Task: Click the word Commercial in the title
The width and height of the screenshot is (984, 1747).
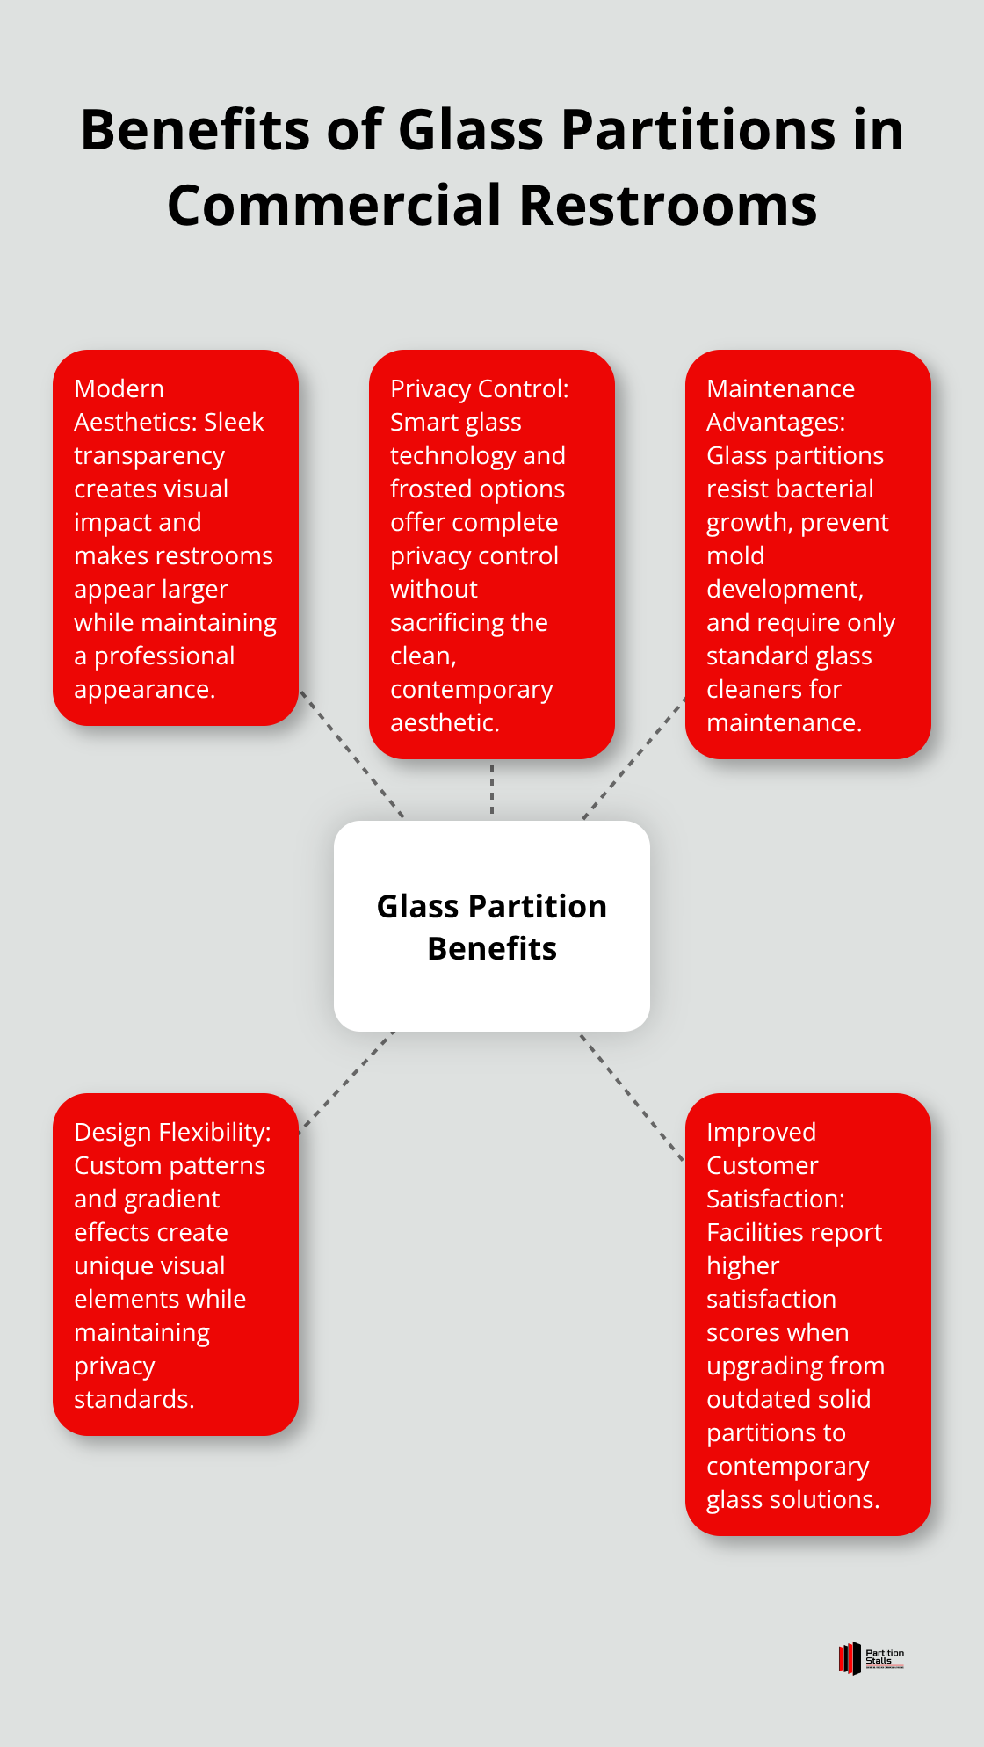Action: (335, 206)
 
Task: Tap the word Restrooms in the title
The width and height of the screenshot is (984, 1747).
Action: (668, 206)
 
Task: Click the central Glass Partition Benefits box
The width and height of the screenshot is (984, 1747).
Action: (491, 926)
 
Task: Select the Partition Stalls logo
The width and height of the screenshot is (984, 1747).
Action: (871, 1658)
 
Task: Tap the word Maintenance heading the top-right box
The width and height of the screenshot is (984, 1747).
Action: (780, 389)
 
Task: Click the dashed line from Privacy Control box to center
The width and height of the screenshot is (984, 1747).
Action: (492, 789)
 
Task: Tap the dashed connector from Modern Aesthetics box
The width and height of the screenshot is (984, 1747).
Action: (351, 754)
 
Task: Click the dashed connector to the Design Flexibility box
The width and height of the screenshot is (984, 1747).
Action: (346, 1082)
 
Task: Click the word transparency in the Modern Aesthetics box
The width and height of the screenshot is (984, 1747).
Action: (149, 456)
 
